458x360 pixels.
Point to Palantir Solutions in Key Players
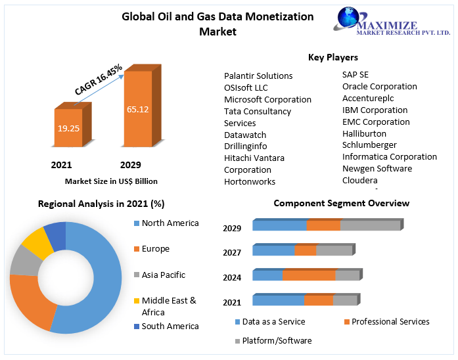coord(258,76)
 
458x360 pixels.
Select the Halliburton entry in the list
coord(364,133)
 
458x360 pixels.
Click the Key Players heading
coord(332,57)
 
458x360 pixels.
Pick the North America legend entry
coord(170,223)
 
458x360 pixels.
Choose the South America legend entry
coord(170,326)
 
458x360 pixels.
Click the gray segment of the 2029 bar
coord(370,225)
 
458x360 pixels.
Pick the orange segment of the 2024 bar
coord(308,275)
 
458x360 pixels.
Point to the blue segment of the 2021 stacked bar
coord(278,300)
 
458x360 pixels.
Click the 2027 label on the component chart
coord(232,252)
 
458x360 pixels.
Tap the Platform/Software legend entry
coord(277,340)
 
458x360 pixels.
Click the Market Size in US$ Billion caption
coord(111,181)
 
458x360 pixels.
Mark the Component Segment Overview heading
coord(341,203)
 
